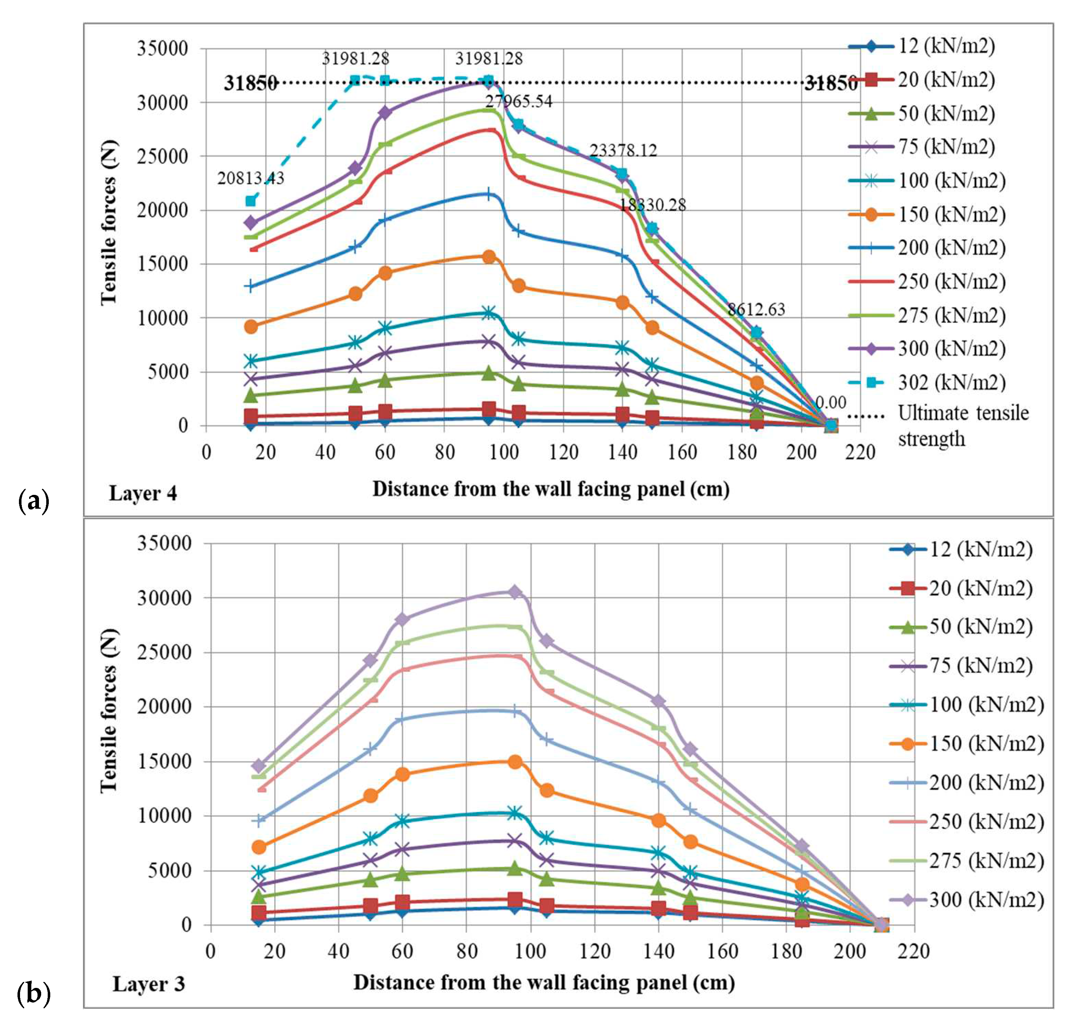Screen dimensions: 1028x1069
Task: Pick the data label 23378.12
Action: pyautogui.click(x=623, y=150)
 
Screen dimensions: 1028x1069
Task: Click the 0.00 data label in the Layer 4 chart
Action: pyautogui.click(x=830, y=403)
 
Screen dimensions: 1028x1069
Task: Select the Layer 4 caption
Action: pyautogui.click(x=143, y=493)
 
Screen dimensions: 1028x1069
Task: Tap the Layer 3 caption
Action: pyautogui.click(x=148, y=984)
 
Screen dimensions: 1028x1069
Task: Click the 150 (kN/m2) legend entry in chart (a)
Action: pyautogui.click(x=951, y=214)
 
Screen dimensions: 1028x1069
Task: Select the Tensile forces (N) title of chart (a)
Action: pyautogui.click(x=109, y=223)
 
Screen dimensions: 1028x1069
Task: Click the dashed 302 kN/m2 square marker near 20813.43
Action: pyautogui.click(x=250, y=201)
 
